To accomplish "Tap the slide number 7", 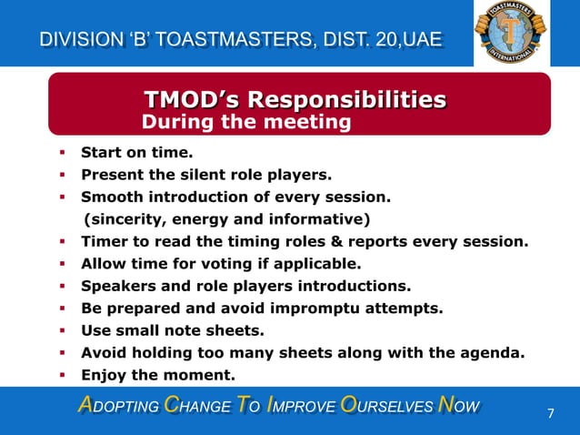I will (x=550, y=414).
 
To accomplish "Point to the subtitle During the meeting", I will (x=246, y=121).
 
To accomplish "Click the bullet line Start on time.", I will (x=136, y=153).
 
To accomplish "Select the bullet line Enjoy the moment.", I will (x=157, y=375).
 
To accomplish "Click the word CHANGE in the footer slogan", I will (x=190, y=405).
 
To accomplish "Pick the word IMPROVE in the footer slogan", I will (x=305, y=405).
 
